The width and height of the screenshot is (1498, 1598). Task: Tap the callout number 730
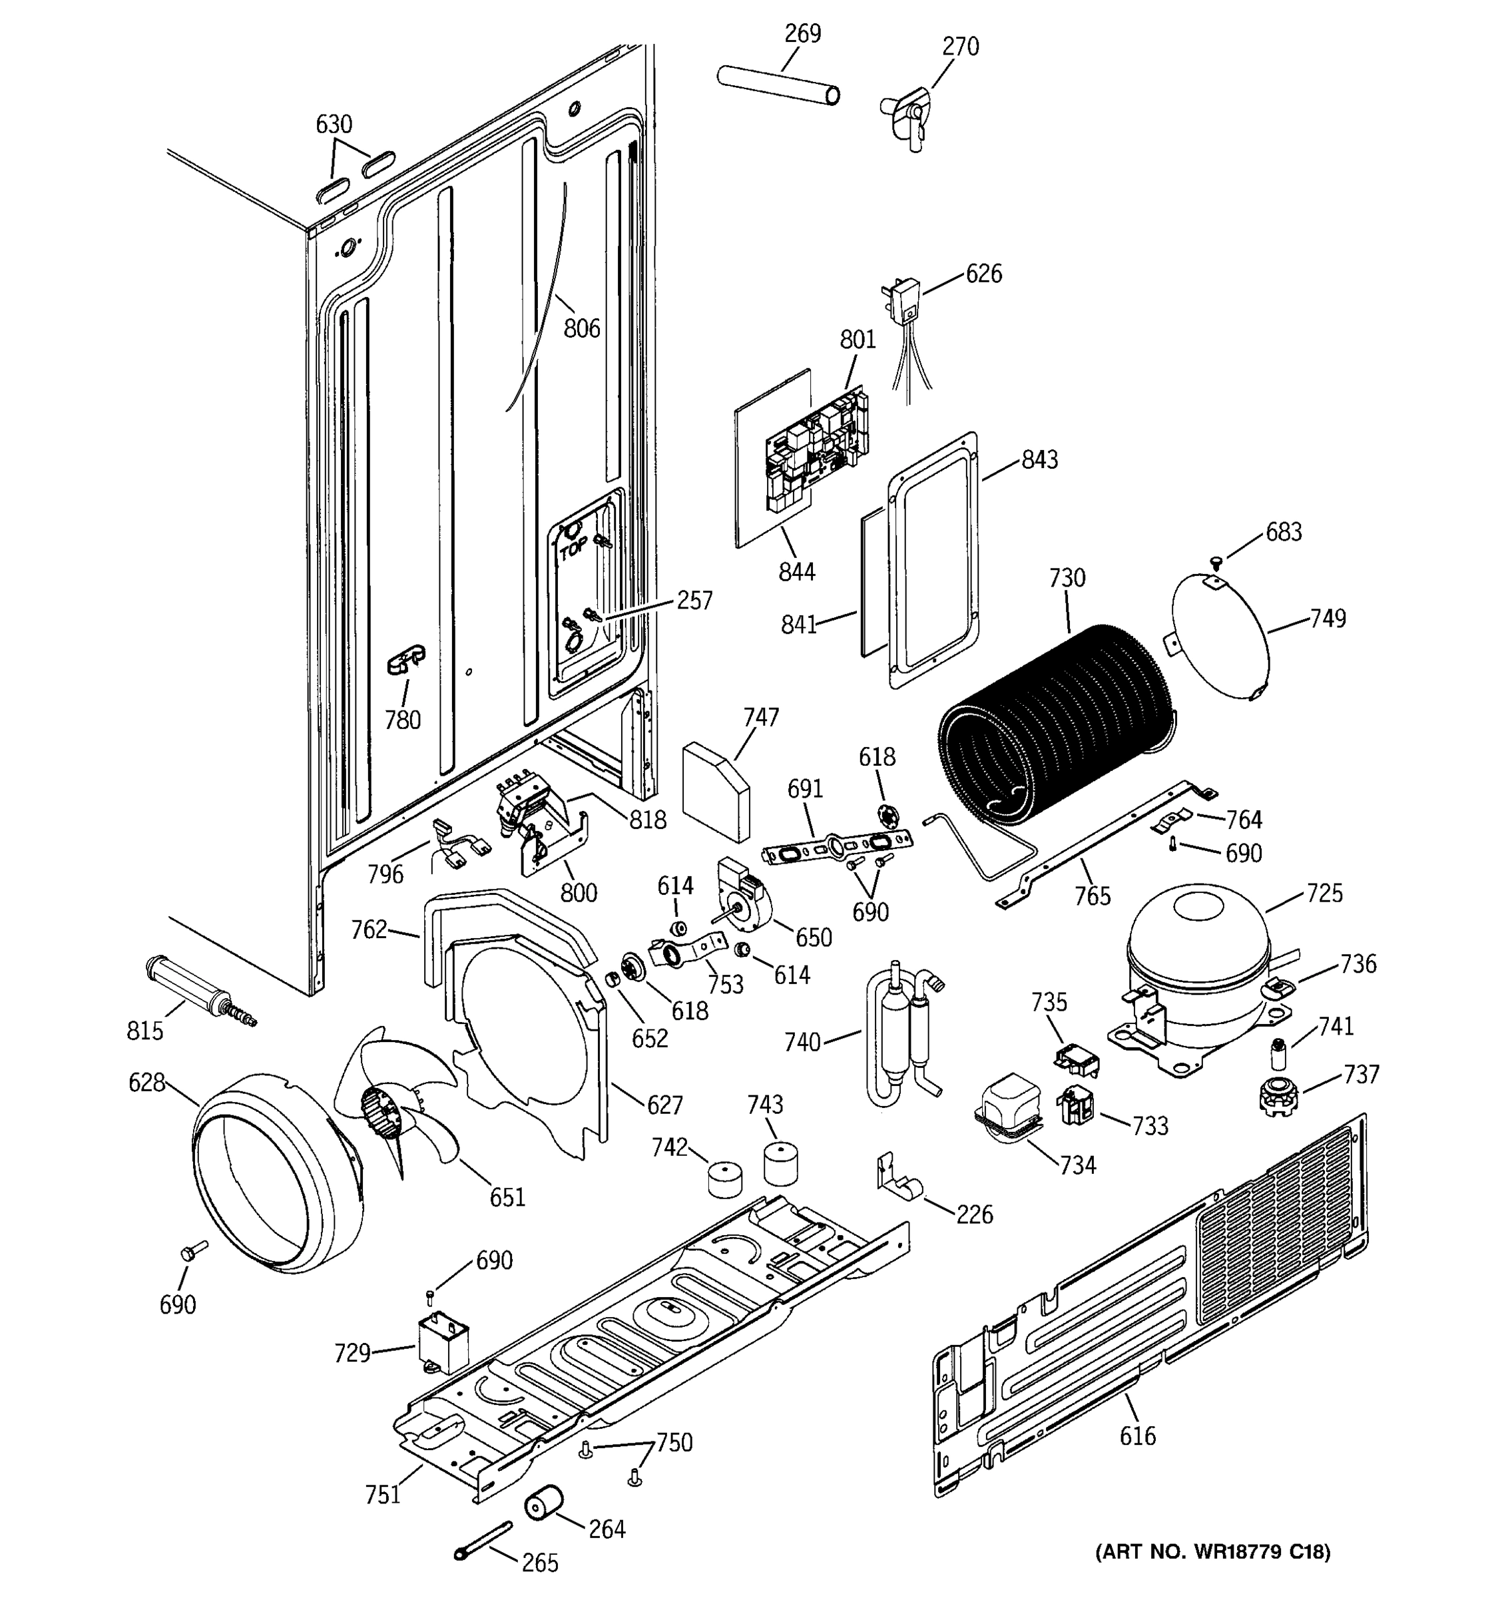(1067, 578)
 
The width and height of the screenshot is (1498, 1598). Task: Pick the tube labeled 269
(777, 85)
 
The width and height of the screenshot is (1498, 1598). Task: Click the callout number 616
(1137, 1435)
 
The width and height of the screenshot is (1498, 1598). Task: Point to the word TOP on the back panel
(574, 550)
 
